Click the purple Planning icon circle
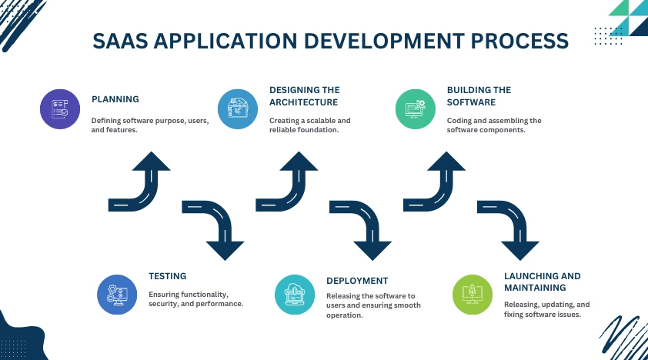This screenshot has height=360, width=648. (x=60, y=109)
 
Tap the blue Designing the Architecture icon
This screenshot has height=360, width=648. (x=238, y=109)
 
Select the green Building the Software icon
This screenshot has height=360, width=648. (x=416, y=109)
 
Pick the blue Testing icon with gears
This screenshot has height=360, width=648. (x=117, y=295)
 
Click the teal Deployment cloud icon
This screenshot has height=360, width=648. (x=295, y=295)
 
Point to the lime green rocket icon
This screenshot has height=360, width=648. (x=473, y=295)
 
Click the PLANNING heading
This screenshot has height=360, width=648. (x=115, y=99)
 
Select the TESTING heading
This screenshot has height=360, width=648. (x=167, y=276)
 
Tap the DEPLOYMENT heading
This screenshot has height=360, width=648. (x=357, y=281)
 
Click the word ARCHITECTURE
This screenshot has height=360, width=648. (x=303, y=102)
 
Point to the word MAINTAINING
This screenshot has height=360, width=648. (x=535, y=288)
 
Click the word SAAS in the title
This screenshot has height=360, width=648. (x=120, y=41)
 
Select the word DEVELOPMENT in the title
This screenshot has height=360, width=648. (x=384, y=41)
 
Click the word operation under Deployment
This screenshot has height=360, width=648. (x=344, y=315)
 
